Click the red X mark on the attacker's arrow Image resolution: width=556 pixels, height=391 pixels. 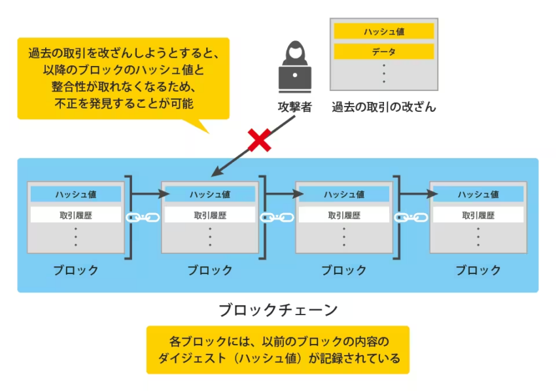260,141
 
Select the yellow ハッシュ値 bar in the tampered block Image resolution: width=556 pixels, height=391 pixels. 384,31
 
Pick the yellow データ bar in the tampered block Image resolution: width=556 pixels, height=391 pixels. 384,52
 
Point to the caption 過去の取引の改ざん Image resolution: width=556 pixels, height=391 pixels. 384,107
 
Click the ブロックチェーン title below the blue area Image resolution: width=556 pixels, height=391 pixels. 278,309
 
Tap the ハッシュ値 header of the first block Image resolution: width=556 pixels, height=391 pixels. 76,194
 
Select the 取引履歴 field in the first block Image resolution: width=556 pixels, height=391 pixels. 76,214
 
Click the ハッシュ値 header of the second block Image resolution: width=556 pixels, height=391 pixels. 210,194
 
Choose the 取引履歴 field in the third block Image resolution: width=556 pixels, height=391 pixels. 344,214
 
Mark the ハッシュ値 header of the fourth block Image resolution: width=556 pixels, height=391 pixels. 478,194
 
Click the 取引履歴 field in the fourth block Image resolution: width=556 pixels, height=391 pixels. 478,214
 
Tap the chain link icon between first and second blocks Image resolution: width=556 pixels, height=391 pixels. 139,217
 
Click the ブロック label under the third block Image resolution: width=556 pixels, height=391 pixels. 344,270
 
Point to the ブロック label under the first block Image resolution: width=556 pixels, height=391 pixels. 76,270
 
